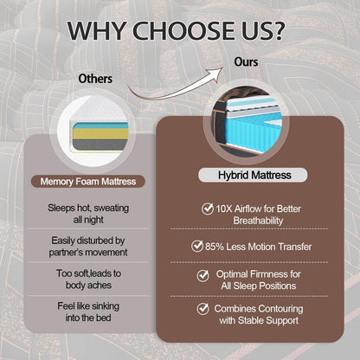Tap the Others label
[95, 79]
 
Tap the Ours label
[246, 61]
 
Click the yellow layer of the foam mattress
[100, 133]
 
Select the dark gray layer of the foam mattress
[100, 145]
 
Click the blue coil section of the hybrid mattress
[248, 132]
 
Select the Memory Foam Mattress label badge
[88, 182]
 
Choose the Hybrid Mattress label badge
[253, 175]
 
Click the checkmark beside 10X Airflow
[207, 209]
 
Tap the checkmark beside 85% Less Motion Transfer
[197, 246]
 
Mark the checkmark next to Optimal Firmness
[202, 275]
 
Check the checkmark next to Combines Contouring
[202, 308]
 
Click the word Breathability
[258, 221]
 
